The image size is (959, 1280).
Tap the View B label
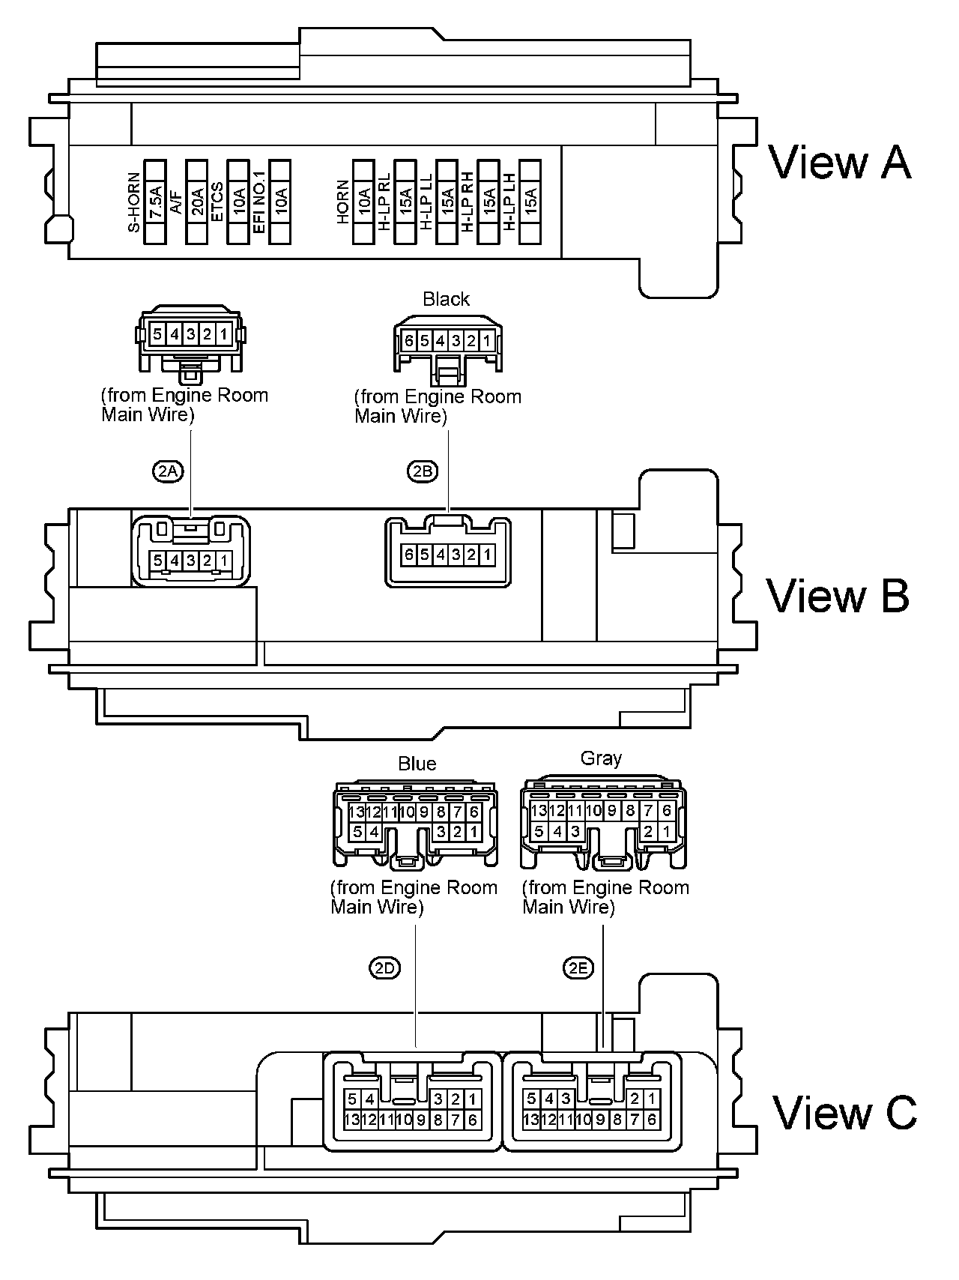click(x=838, y=595)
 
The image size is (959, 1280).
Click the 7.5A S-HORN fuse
click(x=155, y=202)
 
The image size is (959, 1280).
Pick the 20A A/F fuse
click(x=196, y=202)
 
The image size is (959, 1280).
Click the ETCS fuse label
click(x=217, y=202)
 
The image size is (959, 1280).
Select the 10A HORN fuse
click(x=363, y=202)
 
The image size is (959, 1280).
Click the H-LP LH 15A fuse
click(x=530, y=202)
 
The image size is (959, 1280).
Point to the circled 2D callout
click(x=385, y=968)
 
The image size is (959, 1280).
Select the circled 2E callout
click(x=578, y=968)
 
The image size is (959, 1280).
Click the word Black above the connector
click(x=446, y=299)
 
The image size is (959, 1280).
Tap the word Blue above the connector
click(x=417, y=764)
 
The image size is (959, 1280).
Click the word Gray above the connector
click(x=602, y=758)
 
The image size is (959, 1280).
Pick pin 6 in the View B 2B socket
click(x=408, y=555)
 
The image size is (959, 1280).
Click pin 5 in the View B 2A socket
click(x=157, y=559)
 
